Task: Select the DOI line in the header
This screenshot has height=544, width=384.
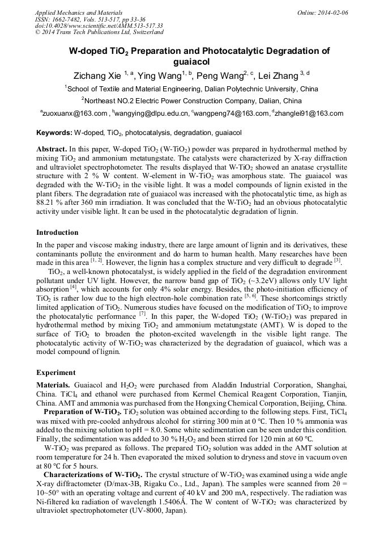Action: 99,26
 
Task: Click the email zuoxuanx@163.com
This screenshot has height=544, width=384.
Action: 75,113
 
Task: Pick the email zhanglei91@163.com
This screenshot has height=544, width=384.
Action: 309,113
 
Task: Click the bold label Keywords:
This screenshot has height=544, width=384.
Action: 54,133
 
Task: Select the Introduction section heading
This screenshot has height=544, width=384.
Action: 57,233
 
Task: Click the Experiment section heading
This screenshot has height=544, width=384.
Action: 56,373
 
